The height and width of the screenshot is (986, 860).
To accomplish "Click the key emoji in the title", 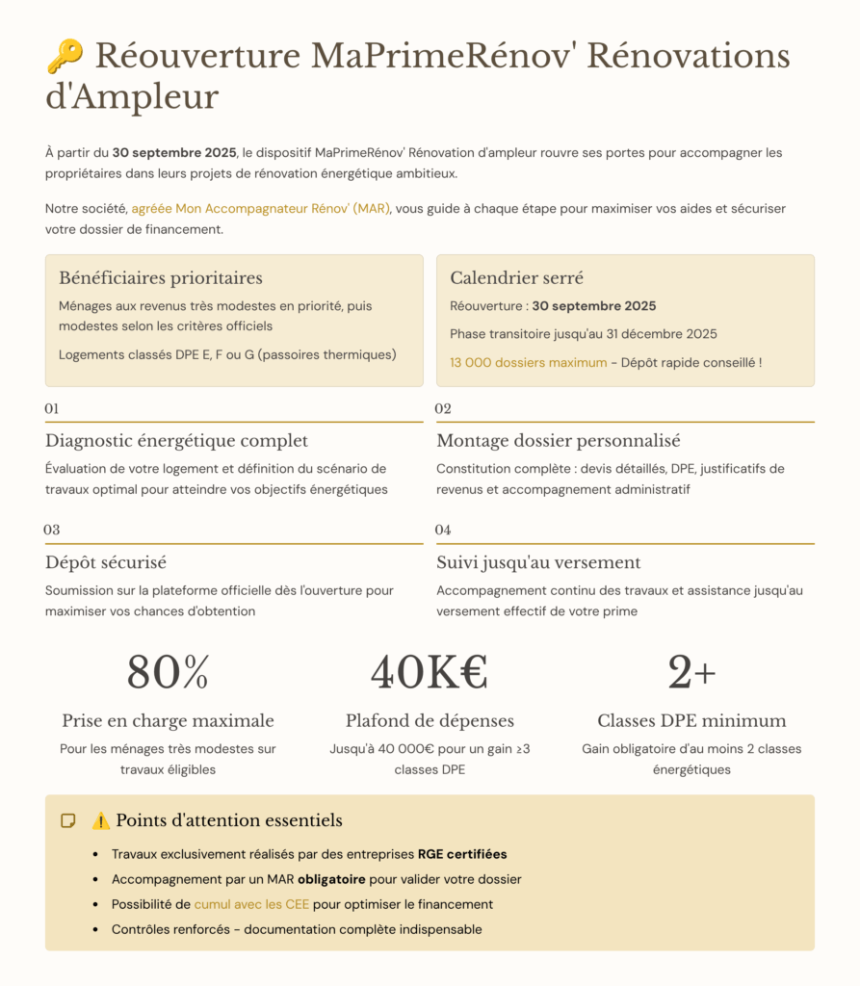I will (x=65, y=57).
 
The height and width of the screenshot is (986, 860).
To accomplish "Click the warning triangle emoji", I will (x=101, y=821).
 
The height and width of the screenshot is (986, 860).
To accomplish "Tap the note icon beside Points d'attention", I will (x=68, y=821).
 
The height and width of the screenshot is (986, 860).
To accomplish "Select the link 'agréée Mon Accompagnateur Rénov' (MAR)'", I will (x=261, y=208).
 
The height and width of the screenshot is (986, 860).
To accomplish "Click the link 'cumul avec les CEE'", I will (x=252, y=904).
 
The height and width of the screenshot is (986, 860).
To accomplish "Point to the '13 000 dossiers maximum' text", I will (x=529, y=363).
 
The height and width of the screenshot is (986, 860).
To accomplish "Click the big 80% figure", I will (x=168, y=672).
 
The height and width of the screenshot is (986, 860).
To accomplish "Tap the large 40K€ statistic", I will (x=430, y=672).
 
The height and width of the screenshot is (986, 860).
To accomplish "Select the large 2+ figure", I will (x=691, y=672).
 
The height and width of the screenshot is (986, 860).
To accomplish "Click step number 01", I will (x=52, y=409).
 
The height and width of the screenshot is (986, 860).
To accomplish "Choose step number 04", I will (x=443, y=531).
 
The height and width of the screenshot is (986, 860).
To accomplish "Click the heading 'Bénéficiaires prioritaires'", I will (x=161, y=278).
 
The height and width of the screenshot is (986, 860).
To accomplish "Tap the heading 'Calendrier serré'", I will (x=517, y=278).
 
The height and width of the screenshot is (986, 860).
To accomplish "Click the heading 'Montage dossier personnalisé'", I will (x=559, y=441).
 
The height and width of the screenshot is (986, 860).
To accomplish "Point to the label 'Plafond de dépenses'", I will (x=430, y=721).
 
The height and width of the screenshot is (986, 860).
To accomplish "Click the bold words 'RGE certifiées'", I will (x=462, y=854).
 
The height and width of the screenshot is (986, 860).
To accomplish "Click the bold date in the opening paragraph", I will (x=174, y=152).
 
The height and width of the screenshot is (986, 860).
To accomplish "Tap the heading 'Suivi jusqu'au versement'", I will (x=538, y=562).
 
